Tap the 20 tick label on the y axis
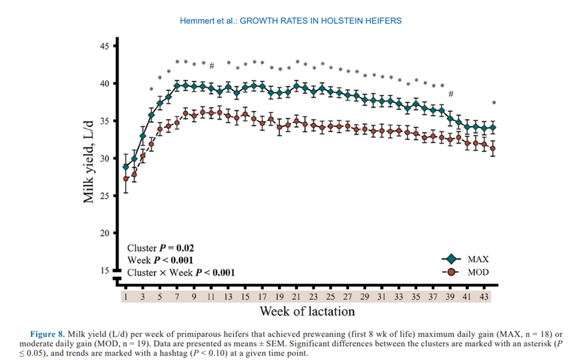(105, 233)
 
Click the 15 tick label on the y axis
(105, 271)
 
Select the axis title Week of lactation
(307, 312)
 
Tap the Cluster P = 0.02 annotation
(161, 248)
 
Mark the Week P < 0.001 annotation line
(161, 260)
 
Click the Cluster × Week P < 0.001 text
(181, 272)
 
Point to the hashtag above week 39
(451, 95)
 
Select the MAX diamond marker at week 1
(126, 167)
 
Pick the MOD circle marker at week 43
(493, 149)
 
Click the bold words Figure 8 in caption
(48, 334)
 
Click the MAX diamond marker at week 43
(493, 128)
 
